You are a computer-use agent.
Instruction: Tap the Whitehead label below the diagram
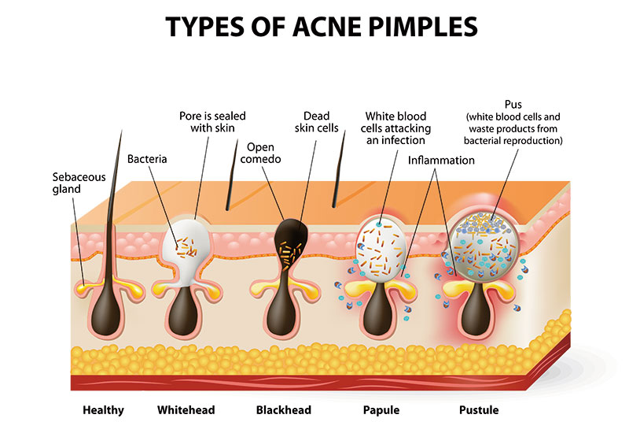(x=186, y=410)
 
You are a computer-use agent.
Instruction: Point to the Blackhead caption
(x=284, y=410)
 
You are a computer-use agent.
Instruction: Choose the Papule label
(x=382, y=410)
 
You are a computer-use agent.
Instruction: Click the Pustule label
(x=479, y=410)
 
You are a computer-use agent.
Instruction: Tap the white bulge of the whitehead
(x=188, y=248)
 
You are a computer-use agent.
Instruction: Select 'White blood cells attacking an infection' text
(x=393, y=129)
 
